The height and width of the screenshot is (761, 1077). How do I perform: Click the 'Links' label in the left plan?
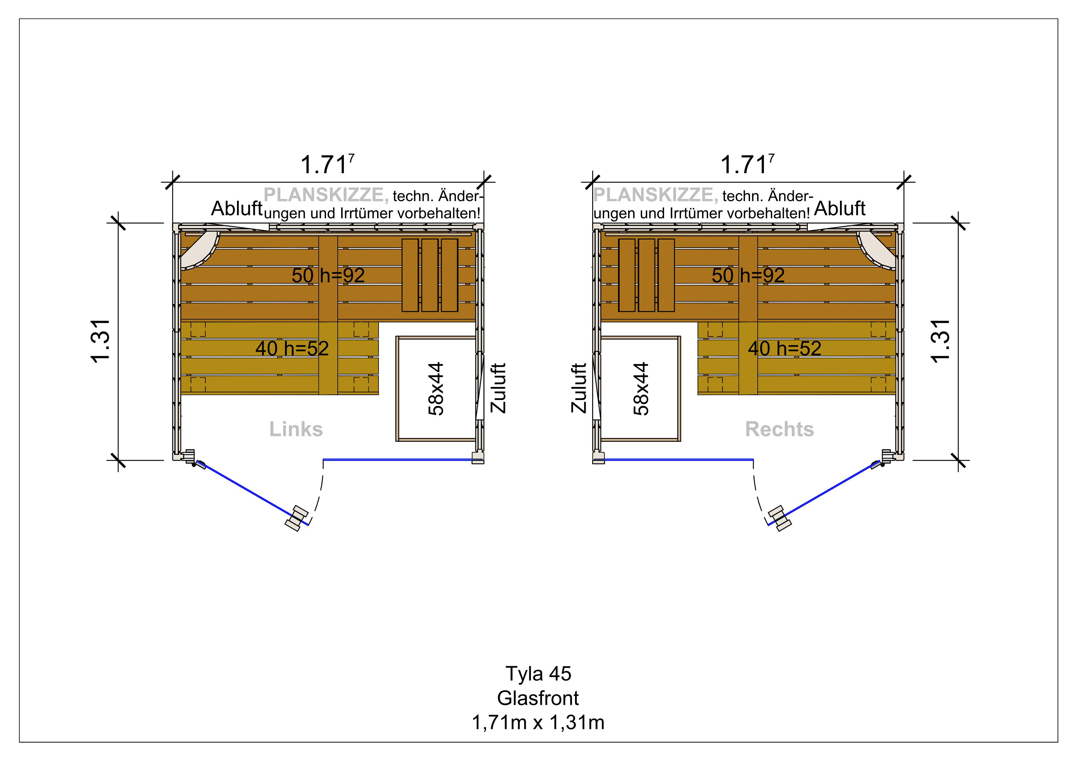pos(296,429)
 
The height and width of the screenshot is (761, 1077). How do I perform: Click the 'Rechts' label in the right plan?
pos(779,429)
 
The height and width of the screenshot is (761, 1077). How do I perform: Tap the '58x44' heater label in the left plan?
pos(436,389)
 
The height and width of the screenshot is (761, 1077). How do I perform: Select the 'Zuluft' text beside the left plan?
pos(498,388)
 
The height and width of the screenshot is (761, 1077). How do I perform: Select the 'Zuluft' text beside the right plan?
pos(579,388)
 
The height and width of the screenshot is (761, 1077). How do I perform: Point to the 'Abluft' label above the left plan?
pos(236,209)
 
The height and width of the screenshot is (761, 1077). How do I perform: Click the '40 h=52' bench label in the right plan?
pos(784,348)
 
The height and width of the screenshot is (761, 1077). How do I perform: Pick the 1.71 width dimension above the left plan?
pos(327,165)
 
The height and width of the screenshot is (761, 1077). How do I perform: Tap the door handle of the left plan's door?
pos(297,518)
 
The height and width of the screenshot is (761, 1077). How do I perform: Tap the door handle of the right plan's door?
pos(780,518)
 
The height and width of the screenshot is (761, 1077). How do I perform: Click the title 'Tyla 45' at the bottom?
pos(538,674)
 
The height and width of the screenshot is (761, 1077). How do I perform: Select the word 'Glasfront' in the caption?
pos(538,698)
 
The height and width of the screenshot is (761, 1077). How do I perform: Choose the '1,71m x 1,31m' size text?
pos(538,723)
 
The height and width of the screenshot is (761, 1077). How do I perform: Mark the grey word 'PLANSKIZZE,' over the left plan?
pos(326,195)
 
